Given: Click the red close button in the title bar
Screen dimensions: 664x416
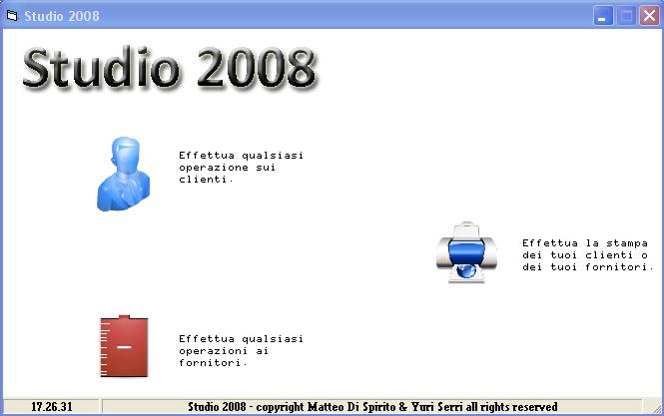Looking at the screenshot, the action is click(x=649, y=16).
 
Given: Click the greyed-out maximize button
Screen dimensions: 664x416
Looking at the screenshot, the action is click(x=626, y=16).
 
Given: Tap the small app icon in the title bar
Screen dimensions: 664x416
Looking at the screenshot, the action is click(x=12, y=16).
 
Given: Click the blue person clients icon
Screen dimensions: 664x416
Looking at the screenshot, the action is click(x=123, y=174).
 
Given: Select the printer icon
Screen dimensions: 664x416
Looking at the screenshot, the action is click(x=466, y=252).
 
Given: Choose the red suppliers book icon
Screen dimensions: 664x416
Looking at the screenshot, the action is click(x=124, y=346).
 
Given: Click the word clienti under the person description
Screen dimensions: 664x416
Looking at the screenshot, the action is click(x=205, y=180).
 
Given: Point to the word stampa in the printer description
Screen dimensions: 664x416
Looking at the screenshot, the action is click(x=627, y=243).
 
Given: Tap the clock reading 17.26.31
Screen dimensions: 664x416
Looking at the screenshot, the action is click(x=52, y=407).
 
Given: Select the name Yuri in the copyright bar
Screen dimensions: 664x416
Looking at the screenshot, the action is click(x=422, y=407).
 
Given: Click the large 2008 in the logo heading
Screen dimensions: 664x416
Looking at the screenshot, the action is click(x=257, y=68).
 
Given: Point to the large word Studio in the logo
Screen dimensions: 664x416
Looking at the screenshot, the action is click(x=101, y=68).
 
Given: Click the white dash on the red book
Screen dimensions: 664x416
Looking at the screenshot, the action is click(x=124, y=347).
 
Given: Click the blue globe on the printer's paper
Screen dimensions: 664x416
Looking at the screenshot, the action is click(x=466, y=270).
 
